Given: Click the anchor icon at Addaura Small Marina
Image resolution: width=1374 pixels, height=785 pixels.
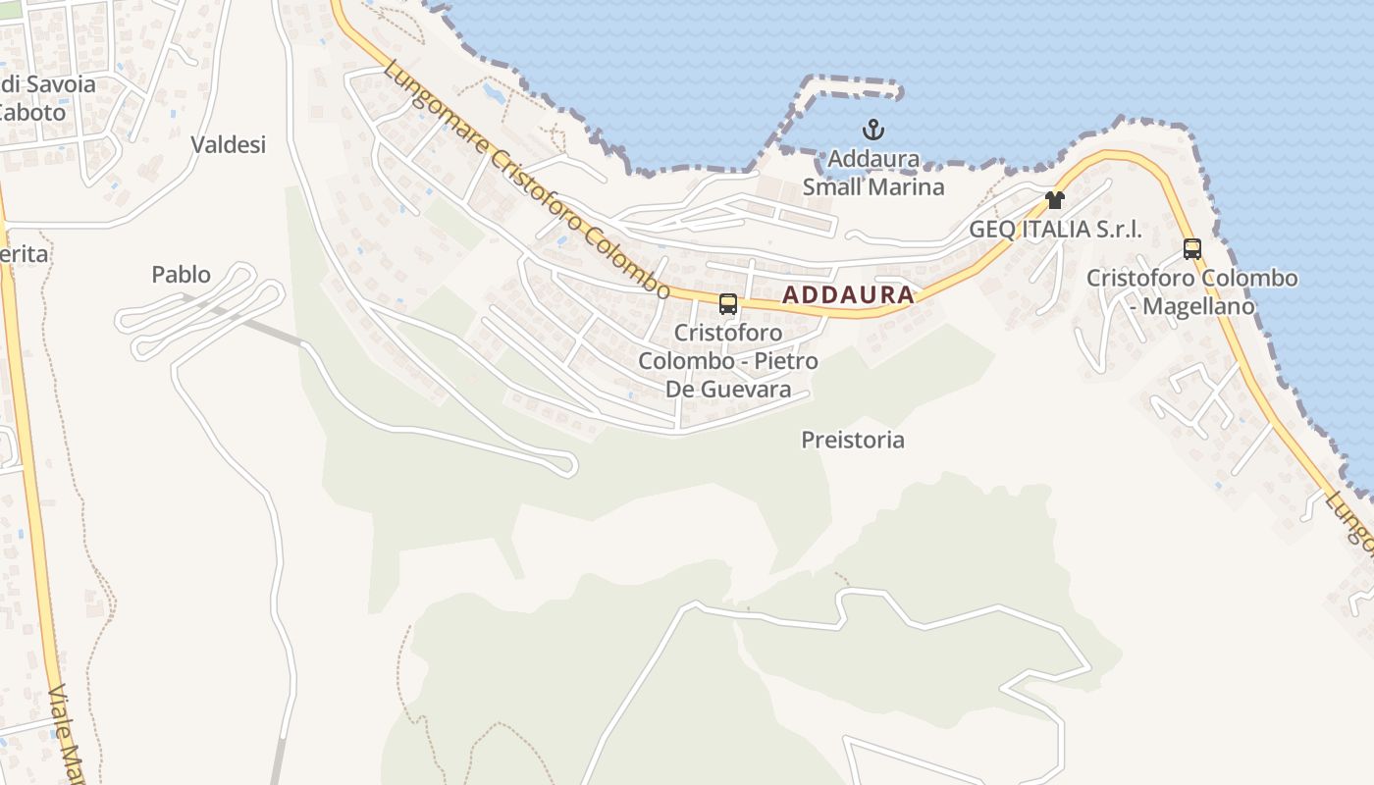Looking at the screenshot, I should click(x=872, y=130).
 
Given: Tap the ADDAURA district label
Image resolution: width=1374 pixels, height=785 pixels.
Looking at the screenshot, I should click(x=848, y=294).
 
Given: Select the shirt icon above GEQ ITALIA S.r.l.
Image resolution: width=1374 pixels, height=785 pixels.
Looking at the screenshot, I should click(x=1055, y=200).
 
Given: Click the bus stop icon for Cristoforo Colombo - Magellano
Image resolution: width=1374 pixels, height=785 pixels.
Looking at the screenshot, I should click(x=1192, y=248).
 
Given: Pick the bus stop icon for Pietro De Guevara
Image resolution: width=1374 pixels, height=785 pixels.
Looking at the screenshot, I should click(x=727, y=304).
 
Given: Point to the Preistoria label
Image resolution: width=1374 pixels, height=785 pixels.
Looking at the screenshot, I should click(x=853, y=440).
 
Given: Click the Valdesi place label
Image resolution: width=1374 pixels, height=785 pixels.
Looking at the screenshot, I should click(x=229, y=145).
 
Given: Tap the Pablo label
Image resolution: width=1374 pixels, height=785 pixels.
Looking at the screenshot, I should click(x=182, y=275).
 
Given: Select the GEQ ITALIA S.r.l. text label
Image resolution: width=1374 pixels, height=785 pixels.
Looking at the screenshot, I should click(x=1055, y=230).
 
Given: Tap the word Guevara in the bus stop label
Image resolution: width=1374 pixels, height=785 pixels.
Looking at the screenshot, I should click(x=743, y=390).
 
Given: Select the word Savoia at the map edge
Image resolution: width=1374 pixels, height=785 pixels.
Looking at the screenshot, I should click(x=60, y=84).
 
